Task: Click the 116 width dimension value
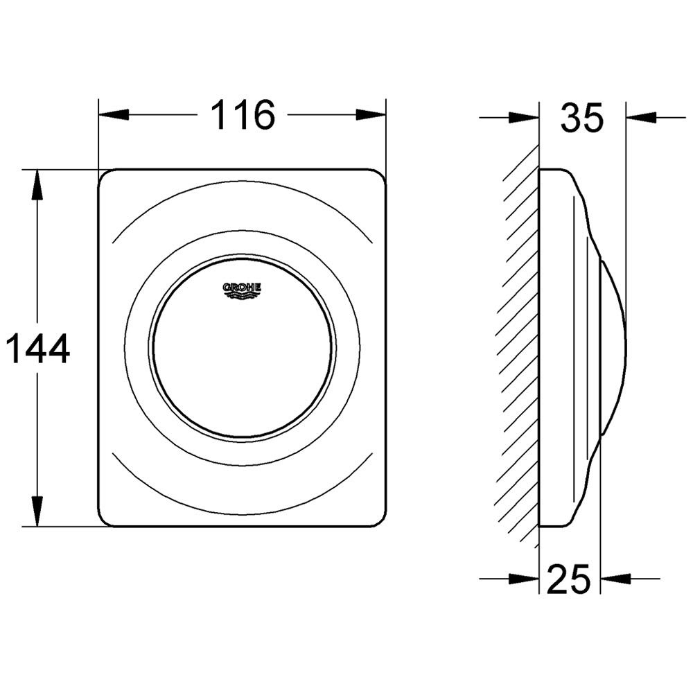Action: (243, 115)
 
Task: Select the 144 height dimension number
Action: (40, 349)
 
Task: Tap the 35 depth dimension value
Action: (581, 118)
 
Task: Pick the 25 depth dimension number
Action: (569, 579)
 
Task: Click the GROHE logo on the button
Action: (242, 290)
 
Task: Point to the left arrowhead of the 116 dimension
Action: (114, 115)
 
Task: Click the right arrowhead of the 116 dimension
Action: (371, 115)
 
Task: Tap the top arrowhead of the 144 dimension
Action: (37, 184)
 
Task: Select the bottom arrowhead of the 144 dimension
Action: (37, 511)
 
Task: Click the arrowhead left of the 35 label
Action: (524, 118)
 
